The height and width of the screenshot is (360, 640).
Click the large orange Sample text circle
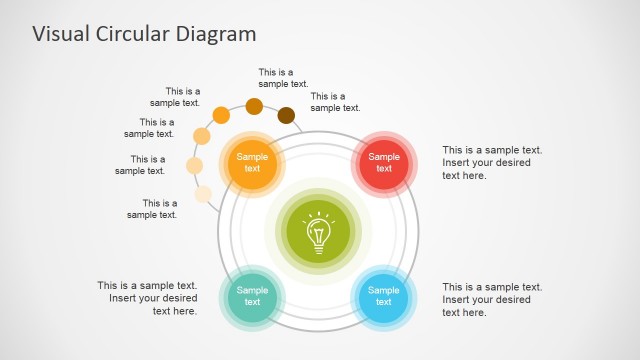(x=252, y=162)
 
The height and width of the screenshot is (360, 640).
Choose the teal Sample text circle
(x=252, y=296)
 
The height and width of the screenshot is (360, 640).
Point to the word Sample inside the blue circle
(x=384, y=290)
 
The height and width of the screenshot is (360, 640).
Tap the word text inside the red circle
(x=384, y=168)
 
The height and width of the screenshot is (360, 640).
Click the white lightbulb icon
(x=318, y=232)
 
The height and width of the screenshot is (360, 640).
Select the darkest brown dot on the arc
(x=286, y=115)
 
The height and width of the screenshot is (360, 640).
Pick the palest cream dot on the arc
(x=203, y=194)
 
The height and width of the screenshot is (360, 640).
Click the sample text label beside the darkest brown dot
(x=335, y=102)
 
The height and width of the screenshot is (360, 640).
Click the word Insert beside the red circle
(x=458, y=163)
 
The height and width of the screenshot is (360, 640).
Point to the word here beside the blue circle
(x=474, y=312)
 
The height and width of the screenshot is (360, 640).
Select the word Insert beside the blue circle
(x=458, y=299)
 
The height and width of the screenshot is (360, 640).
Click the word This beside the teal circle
(x=109, y=285)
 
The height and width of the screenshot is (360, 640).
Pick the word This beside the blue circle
(x=455, y=286)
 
